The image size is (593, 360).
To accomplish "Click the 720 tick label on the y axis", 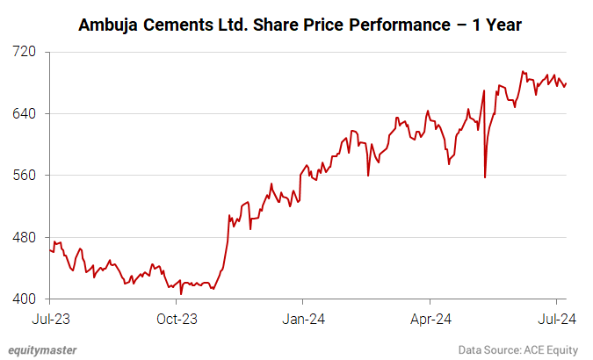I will (24, 52).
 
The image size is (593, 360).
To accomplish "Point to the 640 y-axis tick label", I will (24, 113).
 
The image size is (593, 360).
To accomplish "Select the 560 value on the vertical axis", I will (24, 176).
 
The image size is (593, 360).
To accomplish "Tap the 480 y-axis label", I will (24, 237).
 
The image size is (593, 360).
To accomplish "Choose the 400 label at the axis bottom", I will (24, 299).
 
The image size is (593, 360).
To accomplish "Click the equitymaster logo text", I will (43, 349).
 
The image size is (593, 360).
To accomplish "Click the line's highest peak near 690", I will (524, 72).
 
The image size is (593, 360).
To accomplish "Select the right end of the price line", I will (567, 83).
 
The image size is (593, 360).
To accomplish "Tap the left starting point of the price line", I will (50, 250).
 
